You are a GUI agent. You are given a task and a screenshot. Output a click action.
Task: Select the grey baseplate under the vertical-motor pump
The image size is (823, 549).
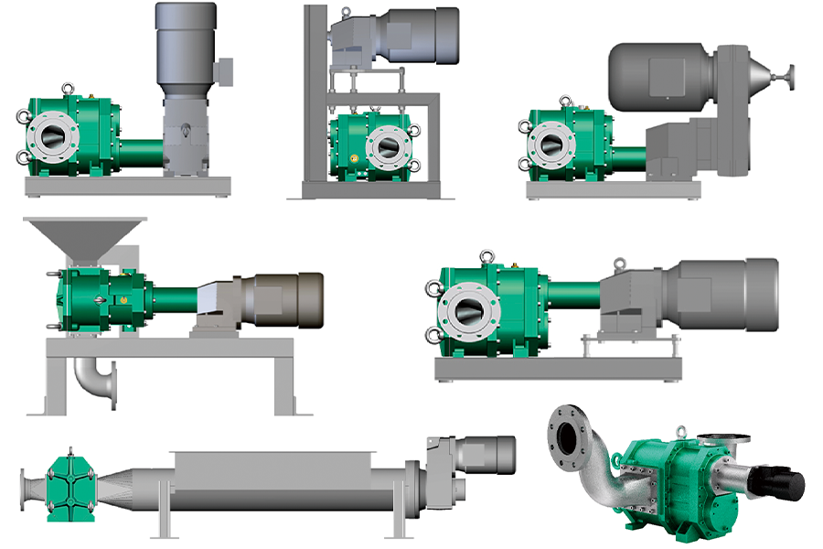pyautogui.click(x=127, y=186)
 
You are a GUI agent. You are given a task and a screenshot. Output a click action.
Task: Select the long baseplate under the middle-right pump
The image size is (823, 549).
pyautogui.click(x=557, y=368)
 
